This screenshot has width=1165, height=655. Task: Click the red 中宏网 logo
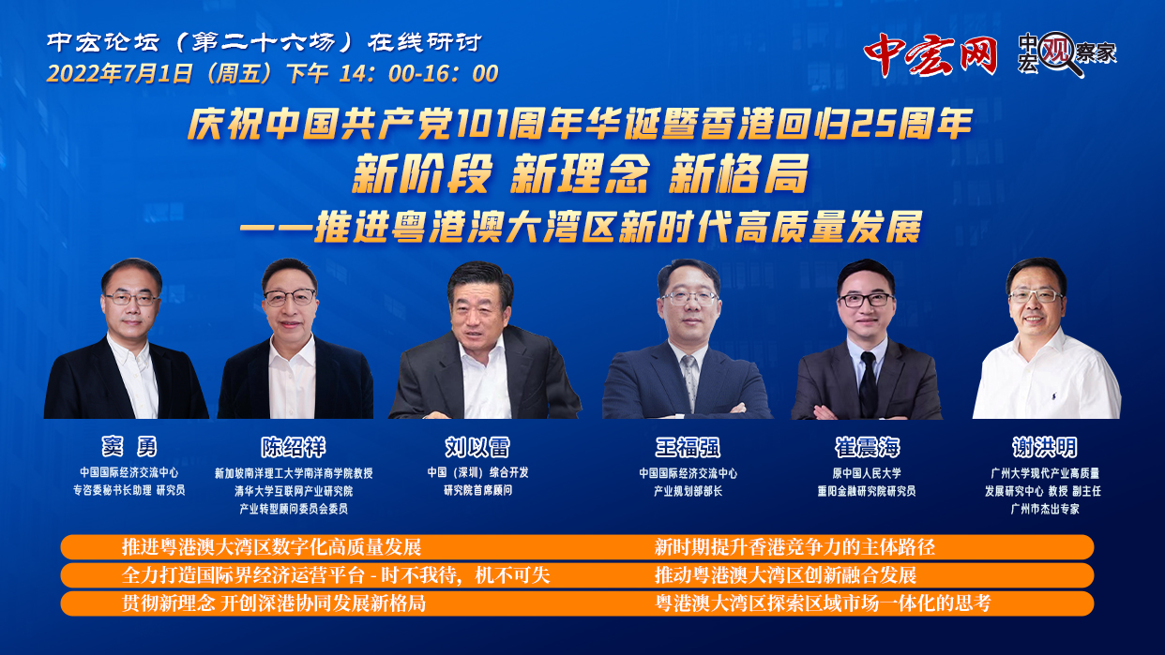click(930, 54)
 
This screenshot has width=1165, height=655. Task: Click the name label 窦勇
click(129, 446)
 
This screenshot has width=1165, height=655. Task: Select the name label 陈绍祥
click(294, 447)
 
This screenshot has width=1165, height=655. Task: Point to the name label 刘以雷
click(477, 447)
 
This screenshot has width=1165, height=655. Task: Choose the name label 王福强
click(688, 447)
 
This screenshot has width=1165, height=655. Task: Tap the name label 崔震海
click(867, 447)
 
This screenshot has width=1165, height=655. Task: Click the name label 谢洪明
click(1044, 447)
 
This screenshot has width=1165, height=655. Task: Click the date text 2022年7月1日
click(120, 73)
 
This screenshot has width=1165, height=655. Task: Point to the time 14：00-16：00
click(418, 73)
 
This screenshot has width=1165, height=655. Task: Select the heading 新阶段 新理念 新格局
click(581, 173)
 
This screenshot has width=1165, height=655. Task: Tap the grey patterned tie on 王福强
click(690, 381)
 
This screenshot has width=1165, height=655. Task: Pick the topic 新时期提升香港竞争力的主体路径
click(794, 547)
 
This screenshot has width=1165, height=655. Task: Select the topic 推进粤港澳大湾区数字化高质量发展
click(271, 547)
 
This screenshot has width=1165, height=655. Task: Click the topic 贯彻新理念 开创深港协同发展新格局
click(274, 603)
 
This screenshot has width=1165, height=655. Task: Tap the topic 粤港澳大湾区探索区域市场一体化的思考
click(823, 603)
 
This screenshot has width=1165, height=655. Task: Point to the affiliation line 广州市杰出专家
click(1045, 509)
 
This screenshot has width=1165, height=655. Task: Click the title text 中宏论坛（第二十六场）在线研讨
click(265, 42)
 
